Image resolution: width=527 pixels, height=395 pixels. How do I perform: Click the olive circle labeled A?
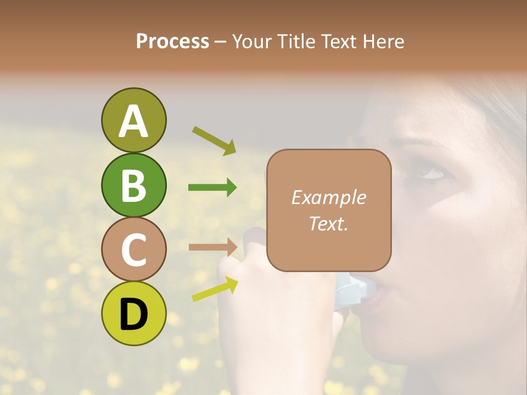(133, 120)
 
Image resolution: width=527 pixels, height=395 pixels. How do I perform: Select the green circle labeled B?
(133, 185)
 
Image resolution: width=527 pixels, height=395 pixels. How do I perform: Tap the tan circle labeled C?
(133, 249)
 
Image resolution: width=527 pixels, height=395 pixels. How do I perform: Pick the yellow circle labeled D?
(133, 313)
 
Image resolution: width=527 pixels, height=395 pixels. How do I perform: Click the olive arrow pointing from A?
(214, 140)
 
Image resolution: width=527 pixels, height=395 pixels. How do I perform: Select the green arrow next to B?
(212, 188)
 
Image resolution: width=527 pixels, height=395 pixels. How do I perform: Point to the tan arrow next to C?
(213, 246)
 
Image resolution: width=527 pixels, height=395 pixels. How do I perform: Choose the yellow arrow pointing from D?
(215, 289)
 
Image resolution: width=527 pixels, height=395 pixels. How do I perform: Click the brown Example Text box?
(329, 210)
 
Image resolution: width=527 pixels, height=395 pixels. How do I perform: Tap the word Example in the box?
(328, 198)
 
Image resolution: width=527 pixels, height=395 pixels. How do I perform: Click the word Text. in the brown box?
(328, 223)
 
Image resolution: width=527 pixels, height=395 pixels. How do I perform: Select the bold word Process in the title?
(172, 41)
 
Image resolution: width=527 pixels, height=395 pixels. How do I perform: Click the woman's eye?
(431, 173)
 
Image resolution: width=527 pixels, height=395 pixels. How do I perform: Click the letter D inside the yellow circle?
(133, 314)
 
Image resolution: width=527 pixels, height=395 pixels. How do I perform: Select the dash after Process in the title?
(221, 42)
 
